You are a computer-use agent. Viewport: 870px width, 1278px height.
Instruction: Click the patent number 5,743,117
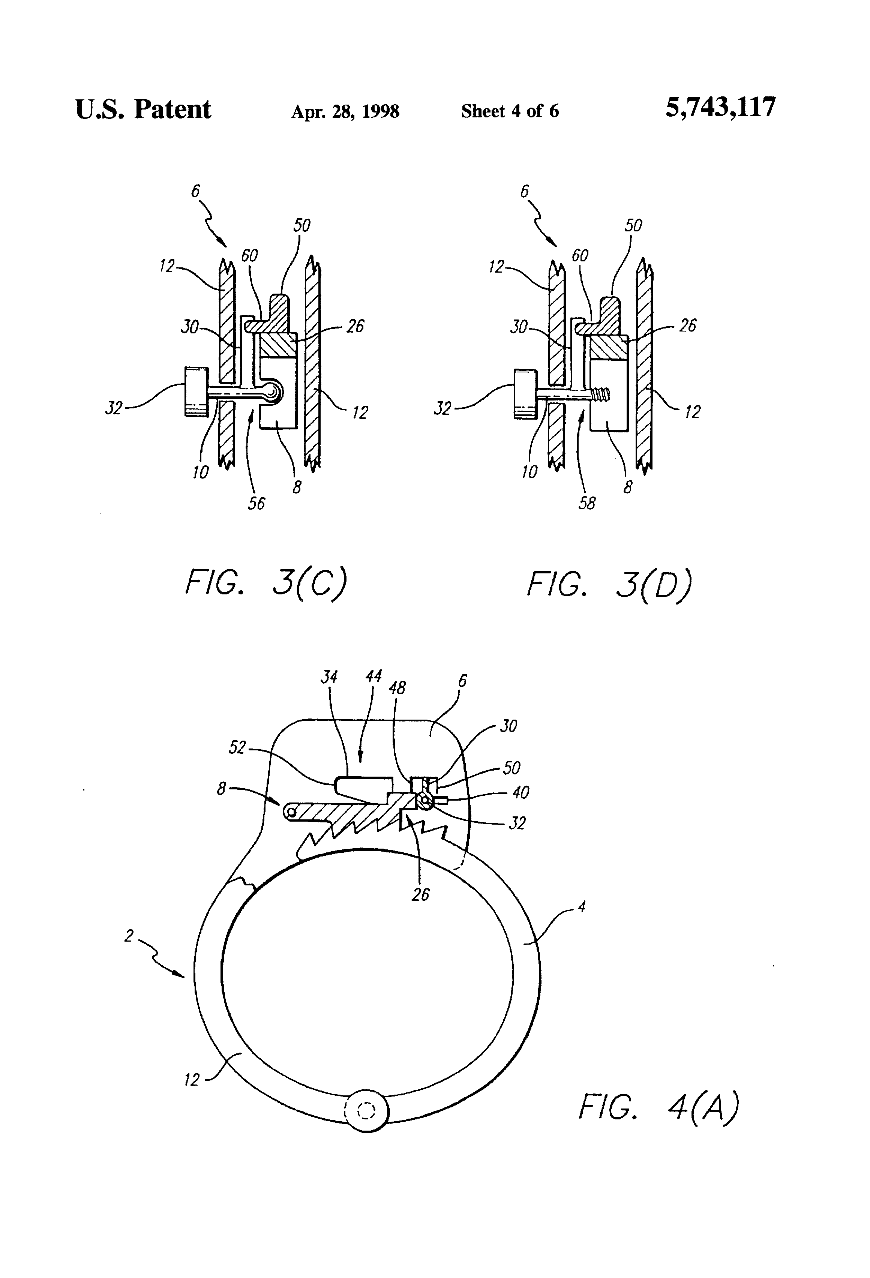(720, 107)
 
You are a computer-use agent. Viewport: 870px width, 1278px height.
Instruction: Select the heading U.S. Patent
(143, 109)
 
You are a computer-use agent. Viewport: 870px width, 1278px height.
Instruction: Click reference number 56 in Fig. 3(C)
(256, 503)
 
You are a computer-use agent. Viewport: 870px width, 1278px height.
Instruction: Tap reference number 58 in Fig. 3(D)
(587, 503)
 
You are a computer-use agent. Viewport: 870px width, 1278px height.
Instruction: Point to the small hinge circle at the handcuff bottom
(366, 1111)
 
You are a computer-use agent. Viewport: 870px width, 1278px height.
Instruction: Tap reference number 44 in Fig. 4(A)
(373, 676)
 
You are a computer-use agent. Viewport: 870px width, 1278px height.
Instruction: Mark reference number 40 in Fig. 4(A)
(520, 792)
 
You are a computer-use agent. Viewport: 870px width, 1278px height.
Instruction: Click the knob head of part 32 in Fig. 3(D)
(525, 394)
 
